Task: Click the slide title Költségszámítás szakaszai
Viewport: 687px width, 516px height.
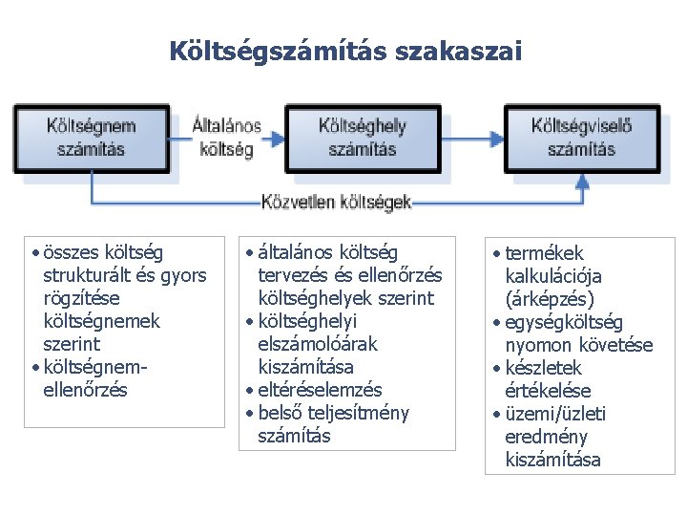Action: (x=344, y=51)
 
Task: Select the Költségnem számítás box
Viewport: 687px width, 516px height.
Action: (x=92, y=138)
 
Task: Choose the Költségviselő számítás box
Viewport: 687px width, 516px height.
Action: (x=581, y=138)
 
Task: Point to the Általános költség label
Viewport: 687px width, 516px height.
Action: (x=227, y=138)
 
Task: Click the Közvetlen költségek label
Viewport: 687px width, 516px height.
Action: (x=336, y=203)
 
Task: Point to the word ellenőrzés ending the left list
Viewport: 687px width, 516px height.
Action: (x=85, y=390)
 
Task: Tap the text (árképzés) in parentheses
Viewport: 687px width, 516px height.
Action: (x=553, y=299)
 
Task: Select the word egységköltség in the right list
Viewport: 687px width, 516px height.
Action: (x=570, y=322)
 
